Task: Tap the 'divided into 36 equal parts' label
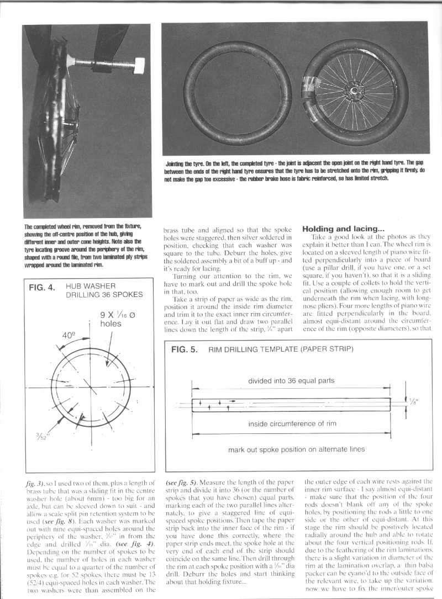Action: pyautogui.click(x=291, y=380)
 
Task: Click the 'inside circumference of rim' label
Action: pyautogui.click(x=291, y=425)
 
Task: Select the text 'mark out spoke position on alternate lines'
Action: pyautogui.click(x=296, y=449)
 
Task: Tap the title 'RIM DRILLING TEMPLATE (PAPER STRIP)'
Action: pyautogui.click(x=280, y=349)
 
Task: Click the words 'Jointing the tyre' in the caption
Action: pyautogui.click(x=183, y=163)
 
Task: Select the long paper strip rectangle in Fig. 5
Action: pyautogui.click(x=291, y=405)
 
